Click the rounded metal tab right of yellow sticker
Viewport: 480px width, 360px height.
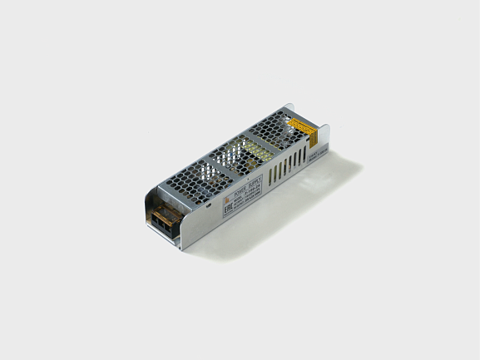click(324, 133)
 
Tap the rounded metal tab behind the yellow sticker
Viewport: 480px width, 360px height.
click(289, 111)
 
